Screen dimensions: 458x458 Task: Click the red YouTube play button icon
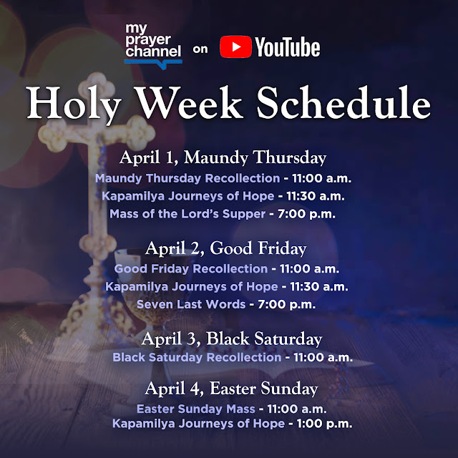[x=235, y=48]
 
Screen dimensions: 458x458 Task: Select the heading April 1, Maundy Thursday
[x=223, y=157]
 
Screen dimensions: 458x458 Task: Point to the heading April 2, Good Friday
[x=225, y=248]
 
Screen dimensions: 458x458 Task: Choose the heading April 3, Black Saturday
[x=232, y=338]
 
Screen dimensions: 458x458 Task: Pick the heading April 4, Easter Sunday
[x=231, y=389]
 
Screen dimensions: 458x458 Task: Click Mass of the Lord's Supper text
[x=187, y=213]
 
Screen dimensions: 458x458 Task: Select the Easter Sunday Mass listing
[x=195, y=409]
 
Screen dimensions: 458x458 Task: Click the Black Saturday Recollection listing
[x=197, y=357]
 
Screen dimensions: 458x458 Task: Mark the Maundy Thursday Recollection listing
[x=187, y=178]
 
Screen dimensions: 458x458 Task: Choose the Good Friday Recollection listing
[x=190, y=269]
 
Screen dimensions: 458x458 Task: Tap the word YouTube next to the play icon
[x=286, y=48]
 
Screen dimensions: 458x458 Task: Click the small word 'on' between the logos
[x=200, y=50]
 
